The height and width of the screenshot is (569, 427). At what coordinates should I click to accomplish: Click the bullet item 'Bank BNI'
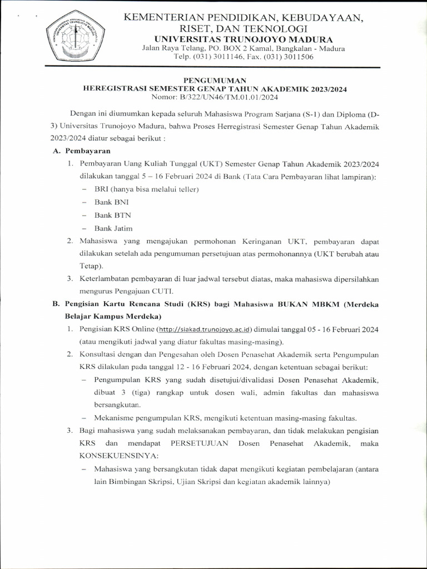[111, 202]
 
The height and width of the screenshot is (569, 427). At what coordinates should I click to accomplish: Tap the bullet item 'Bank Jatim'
[113, 228]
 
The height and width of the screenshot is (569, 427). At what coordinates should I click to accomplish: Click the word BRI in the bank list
[102, 189]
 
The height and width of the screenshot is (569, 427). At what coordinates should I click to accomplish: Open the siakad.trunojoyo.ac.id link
[206, 330]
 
